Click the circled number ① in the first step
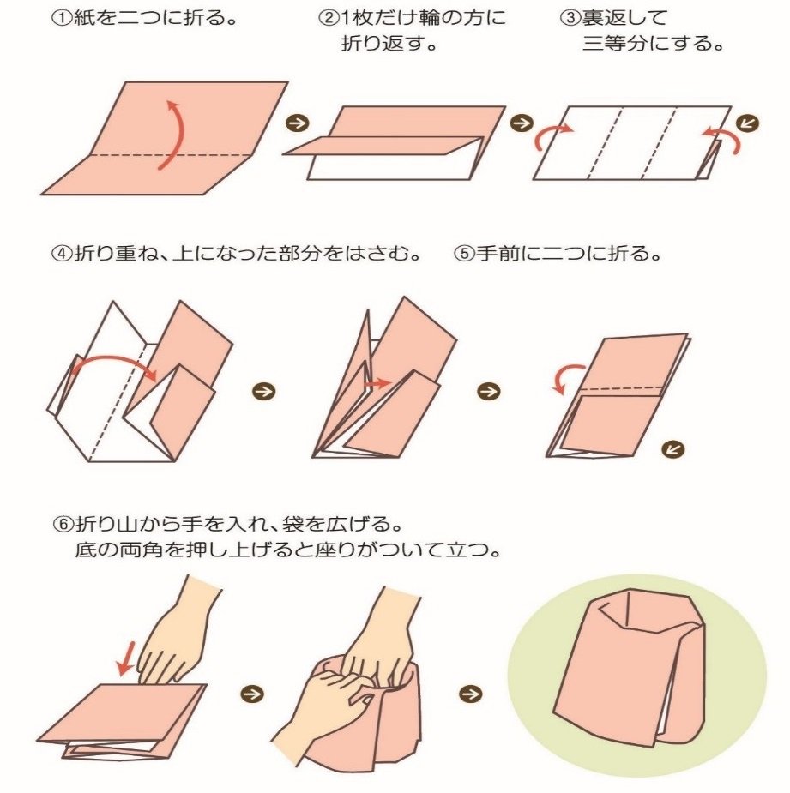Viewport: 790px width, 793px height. [63, 19]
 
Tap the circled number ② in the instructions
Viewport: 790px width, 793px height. [328, 19]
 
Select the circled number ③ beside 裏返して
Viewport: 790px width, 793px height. [570, 19]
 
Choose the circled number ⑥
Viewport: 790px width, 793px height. [64, 524]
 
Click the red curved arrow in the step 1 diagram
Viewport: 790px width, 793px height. [173, 134]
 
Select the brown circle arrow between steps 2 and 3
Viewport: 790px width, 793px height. [522, 123]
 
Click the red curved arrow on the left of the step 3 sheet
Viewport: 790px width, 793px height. [552, 133]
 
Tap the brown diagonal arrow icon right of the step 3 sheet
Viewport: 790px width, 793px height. [747, 123]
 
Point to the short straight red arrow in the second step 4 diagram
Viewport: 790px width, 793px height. [377, 383]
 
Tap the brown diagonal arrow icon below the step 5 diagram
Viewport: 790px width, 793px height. [673, 448]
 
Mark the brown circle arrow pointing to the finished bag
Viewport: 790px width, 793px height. [470, 694]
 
